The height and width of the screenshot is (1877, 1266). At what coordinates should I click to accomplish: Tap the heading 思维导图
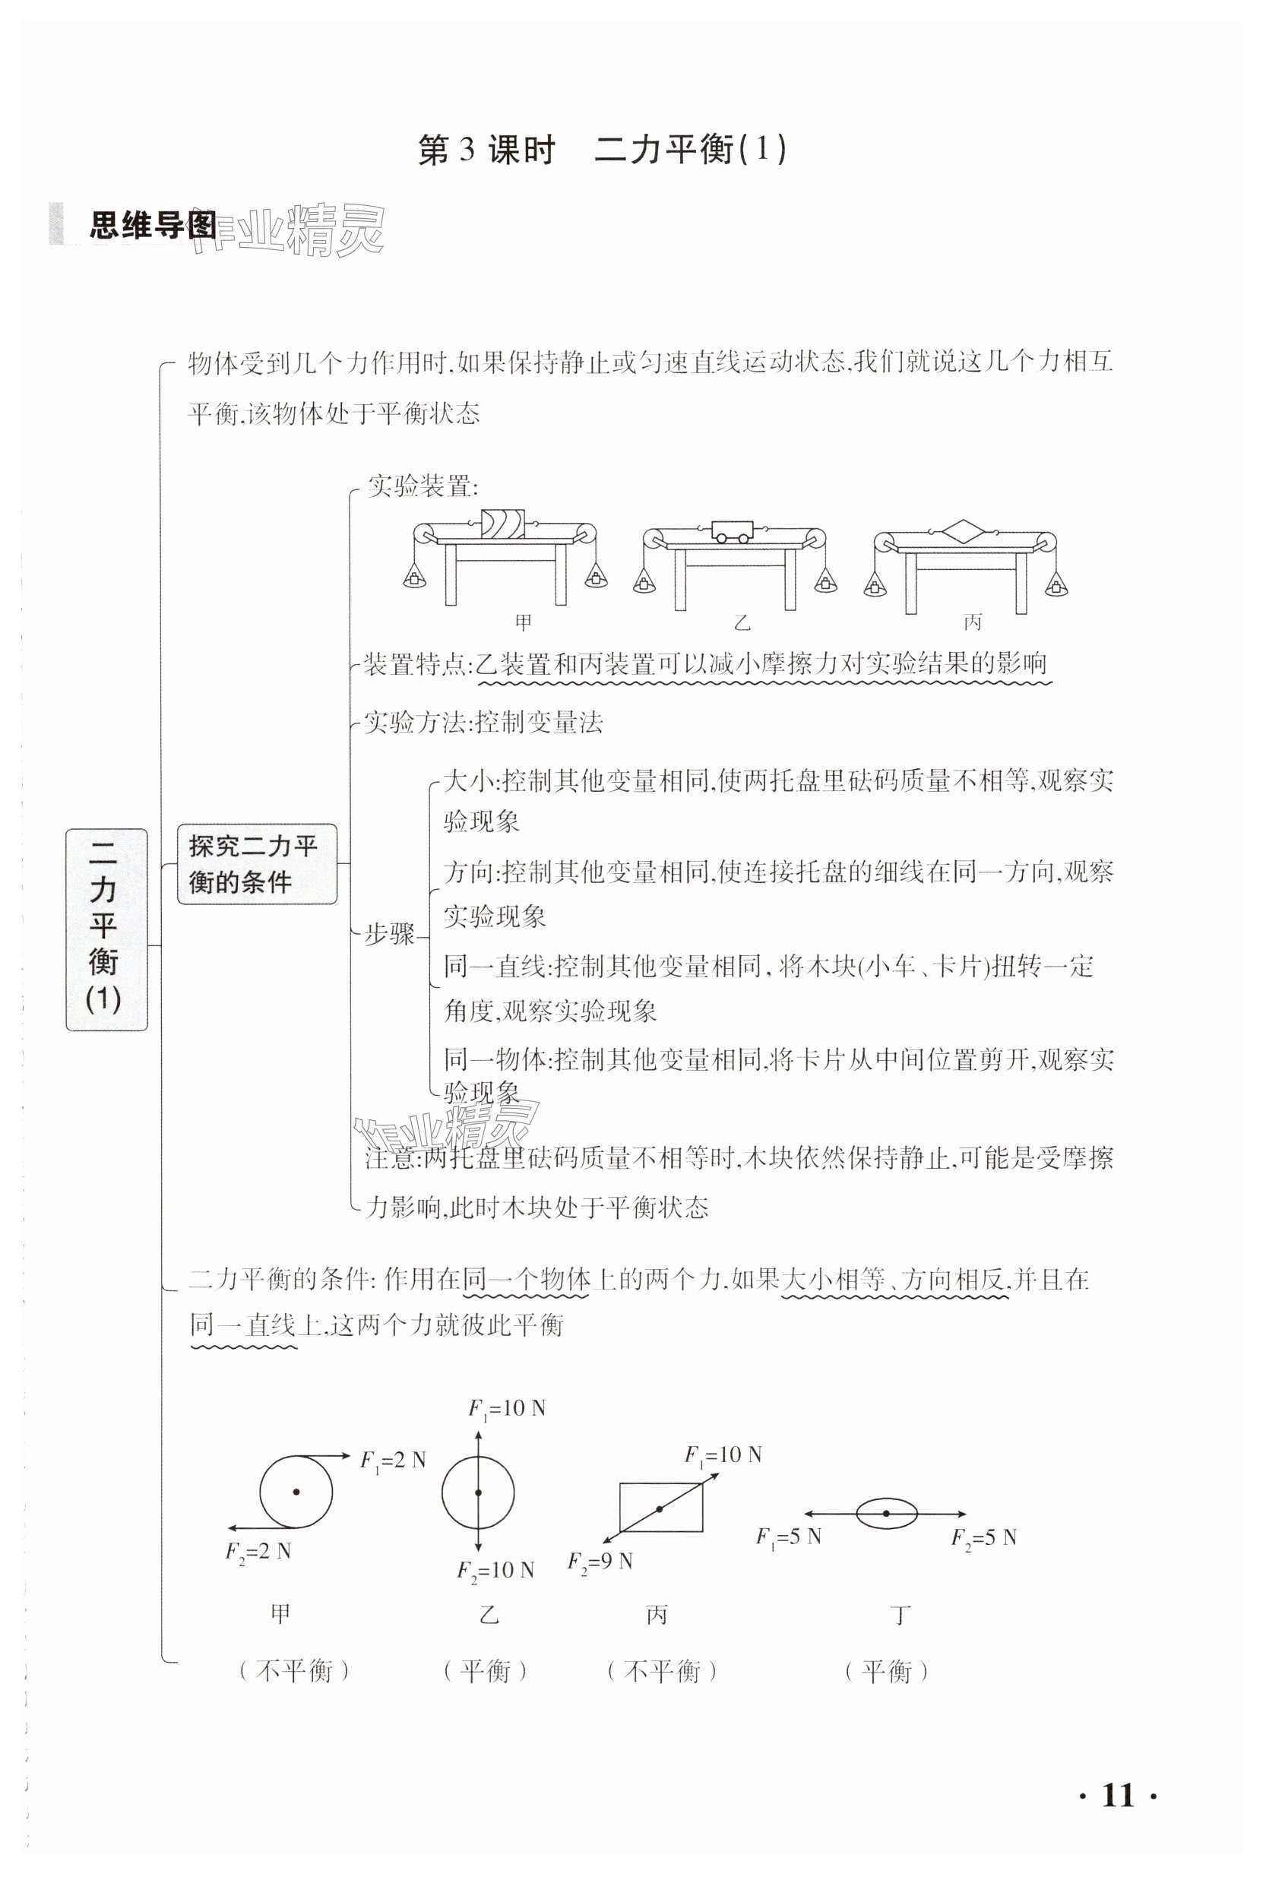pyautogui.click(x=152, y=225)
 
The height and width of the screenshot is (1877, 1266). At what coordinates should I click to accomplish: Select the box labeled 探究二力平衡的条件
pyautogui.click(x=256, y=864)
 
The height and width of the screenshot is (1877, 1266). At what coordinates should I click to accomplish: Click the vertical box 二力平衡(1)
pyautogui.click(x=106, y=929)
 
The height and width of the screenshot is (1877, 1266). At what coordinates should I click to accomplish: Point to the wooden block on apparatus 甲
pyautogui.click(x=502, y=526)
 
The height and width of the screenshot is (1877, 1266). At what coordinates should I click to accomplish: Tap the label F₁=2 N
pyautogui.click(x=392, y=1461)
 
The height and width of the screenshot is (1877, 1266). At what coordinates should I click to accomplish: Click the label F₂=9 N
pyautogui.click(x=600, y=1562)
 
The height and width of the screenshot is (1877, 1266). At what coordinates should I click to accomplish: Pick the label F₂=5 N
pyautogui.click(x=983, y=1537)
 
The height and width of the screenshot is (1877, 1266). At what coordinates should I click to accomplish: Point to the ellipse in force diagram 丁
pyautogui.click(x=886, y=1514)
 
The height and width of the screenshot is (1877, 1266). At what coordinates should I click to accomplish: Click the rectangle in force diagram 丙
pyautogui.click(x=660, y=1506)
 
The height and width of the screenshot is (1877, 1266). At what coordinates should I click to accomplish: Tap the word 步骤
pyautogui.click(x=389, y=934)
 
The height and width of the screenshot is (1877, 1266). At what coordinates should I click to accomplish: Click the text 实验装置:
pyautogui.click(x=423, y=487)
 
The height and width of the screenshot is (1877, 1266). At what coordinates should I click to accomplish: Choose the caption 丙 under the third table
pyautogui.click(x=973, y=622)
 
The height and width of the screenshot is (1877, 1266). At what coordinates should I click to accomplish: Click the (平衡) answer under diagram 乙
pyautogui.click(x=486, y=1671)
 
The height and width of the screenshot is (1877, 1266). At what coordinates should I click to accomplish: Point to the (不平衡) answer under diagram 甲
pyautogui.click(x=294, y=1671)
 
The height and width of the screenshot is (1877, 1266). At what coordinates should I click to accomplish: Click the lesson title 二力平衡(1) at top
pyautogui.click(x=689, y=150)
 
